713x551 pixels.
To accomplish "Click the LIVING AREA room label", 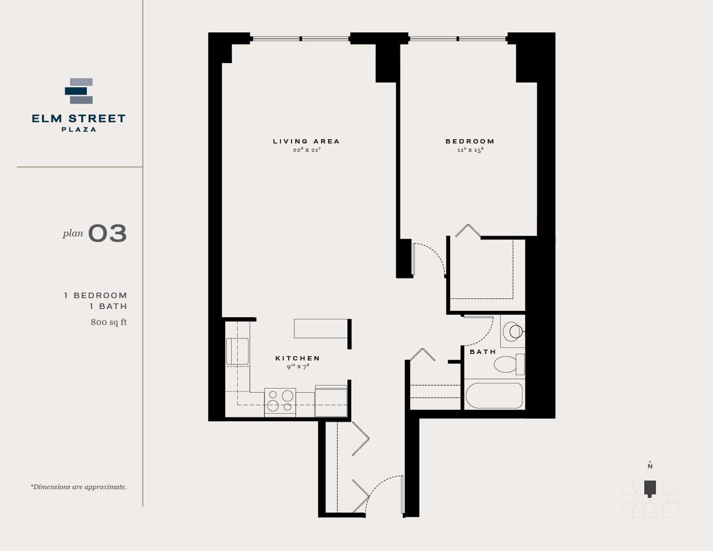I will (306, 141).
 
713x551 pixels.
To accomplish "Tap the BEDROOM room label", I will (470, 141).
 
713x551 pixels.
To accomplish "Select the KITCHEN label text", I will (298, 358).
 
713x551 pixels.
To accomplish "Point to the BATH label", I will (483, 352).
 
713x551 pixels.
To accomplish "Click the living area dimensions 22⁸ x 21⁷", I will (306, 150).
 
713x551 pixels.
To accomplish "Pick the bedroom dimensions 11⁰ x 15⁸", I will (470, 150).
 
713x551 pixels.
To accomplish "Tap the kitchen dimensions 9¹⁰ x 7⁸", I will (298, 367).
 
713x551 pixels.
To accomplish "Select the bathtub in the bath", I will (494, 395).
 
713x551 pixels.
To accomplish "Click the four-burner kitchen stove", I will (280, 401).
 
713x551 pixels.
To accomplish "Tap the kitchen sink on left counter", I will (237, 351).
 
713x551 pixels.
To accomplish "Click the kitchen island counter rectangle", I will (321, 328).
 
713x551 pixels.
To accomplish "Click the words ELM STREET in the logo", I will (79, 118).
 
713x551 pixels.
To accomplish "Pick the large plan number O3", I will (107, 233).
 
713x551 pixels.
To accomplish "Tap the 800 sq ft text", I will (108, 322).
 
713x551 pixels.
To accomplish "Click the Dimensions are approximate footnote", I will (79, 487).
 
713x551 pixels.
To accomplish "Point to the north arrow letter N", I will (650, 466).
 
